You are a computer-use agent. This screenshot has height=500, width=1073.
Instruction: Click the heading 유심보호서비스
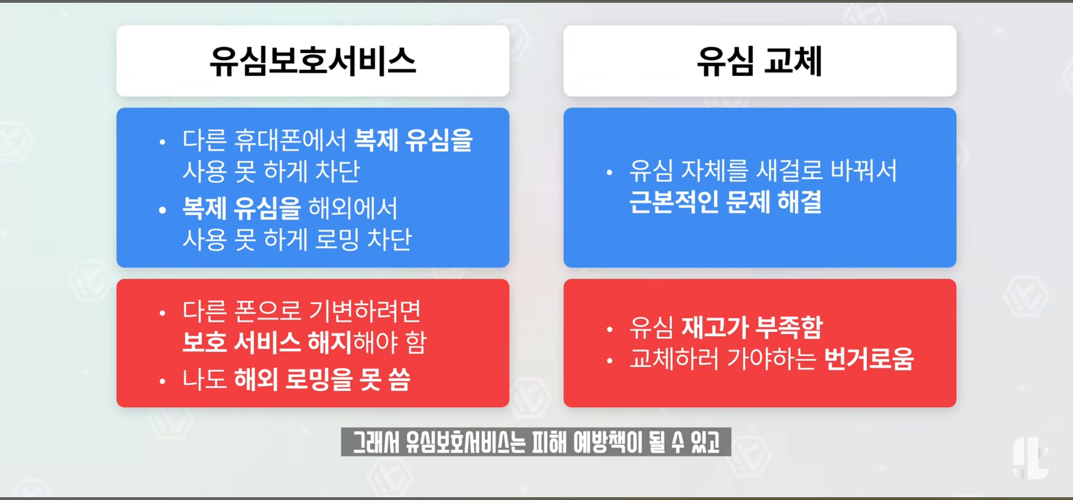point(313,61)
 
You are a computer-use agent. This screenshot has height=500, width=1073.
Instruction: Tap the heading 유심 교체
point(760,61)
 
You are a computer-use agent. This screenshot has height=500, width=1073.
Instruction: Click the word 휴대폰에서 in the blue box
point(290,140)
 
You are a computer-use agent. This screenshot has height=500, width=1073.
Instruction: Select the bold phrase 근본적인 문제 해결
point(726,202)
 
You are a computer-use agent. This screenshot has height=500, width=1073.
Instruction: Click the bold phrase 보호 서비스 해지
point(267,343)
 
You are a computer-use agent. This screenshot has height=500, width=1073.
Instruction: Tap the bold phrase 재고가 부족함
point(752,327)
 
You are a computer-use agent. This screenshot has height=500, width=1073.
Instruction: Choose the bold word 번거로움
point(869,359)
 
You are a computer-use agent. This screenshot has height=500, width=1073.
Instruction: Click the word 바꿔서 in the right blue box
point(864,170)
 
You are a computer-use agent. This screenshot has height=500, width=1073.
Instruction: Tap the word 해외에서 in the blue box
point(353,208)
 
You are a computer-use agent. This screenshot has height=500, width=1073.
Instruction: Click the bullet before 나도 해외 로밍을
point(162,381)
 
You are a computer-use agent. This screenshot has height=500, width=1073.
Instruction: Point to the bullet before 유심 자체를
point(610,173)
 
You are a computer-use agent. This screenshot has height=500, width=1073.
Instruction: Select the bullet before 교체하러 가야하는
point(610,361)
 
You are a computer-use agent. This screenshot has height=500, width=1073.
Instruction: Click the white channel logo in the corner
point(1031,458)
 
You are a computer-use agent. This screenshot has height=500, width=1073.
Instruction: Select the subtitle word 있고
point(705,442)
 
